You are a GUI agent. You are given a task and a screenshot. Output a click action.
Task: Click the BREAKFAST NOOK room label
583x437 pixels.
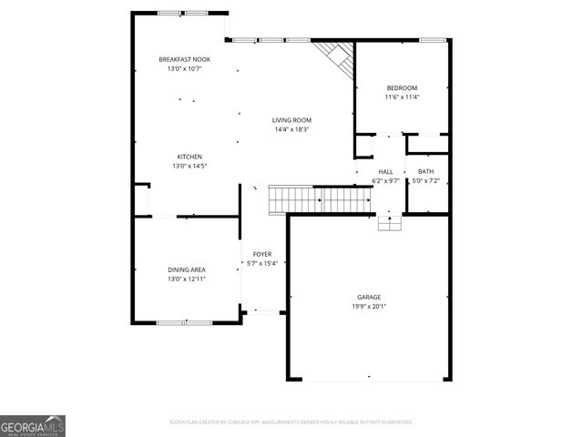(x=184, y=59)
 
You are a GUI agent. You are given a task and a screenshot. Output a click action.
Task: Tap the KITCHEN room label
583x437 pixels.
(x=189, y=157)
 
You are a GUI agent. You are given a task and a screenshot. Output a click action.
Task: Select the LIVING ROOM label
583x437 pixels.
(x=292, y=120)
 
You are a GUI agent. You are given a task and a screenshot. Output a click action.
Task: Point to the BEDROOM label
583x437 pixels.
(x=401, y=87)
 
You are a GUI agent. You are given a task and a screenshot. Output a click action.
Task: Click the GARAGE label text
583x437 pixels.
(x=368, y=297)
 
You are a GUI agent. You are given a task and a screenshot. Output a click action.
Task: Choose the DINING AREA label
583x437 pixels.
(x=186, y=269)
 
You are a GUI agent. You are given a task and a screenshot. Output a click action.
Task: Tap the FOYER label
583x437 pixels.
(x=262, y=254)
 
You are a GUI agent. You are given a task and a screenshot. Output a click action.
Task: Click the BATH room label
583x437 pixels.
(x=425, y=171)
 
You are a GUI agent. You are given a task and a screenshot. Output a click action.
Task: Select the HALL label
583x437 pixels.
(x=385, y=171)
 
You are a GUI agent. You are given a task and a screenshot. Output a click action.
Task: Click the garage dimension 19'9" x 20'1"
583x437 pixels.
(x=368, y=307)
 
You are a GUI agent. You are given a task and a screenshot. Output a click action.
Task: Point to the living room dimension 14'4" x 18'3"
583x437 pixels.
(x=292, y=129)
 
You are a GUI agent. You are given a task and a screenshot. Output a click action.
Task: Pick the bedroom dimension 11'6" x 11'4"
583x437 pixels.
(x=401, y=97)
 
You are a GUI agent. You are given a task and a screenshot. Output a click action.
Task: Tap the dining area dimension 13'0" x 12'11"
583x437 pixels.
(x=186, y=279)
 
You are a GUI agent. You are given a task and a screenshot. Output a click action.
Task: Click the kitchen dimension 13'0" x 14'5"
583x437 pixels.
(x=189, y=166)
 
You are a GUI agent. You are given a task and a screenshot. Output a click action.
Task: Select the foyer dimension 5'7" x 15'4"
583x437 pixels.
(x=262, y=263)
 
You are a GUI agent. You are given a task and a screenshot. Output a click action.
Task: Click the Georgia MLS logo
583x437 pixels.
(x=33, y=425)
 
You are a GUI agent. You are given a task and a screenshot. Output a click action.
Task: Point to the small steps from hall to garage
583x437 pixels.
(x=389, y=222)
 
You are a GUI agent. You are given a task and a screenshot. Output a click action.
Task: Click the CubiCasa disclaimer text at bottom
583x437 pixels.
(x=291, y=422)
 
